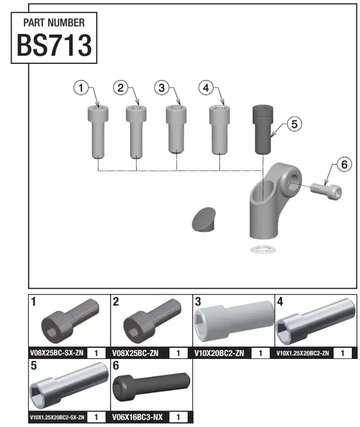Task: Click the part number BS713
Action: [x=54, y=46]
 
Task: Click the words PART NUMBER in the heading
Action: [x=53, y=23]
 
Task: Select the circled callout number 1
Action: [x=81, y=88]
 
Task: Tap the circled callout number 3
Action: [x=162, y=88]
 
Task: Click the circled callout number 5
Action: [x=294, y=124]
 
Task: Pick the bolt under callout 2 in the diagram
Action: [x=136, y=131]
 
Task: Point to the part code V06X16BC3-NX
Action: [x=137, y=417]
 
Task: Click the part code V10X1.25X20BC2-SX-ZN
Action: [x=57, y=418]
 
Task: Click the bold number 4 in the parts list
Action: [x=280, y=302]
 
